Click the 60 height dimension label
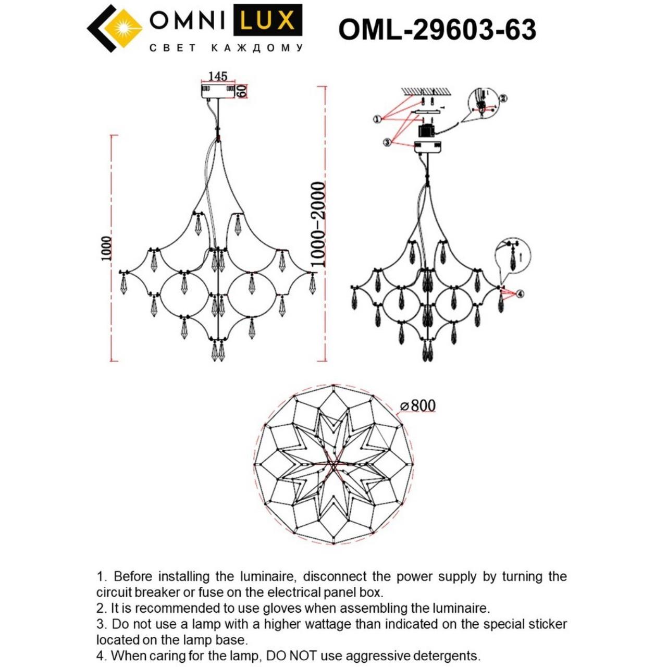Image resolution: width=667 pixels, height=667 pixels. tap(241, 91)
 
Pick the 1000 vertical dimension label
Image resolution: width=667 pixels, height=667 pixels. tap(106, 248)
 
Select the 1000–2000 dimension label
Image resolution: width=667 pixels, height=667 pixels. tap(317, 225)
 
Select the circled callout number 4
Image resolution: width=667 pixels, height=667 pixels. tap(520, 294)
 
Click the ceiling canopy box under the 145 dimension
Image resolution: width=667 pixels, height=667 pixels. tap(218, 91)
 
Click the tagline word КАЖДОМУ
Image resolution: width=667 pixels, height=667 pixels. tap(257, 48)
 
